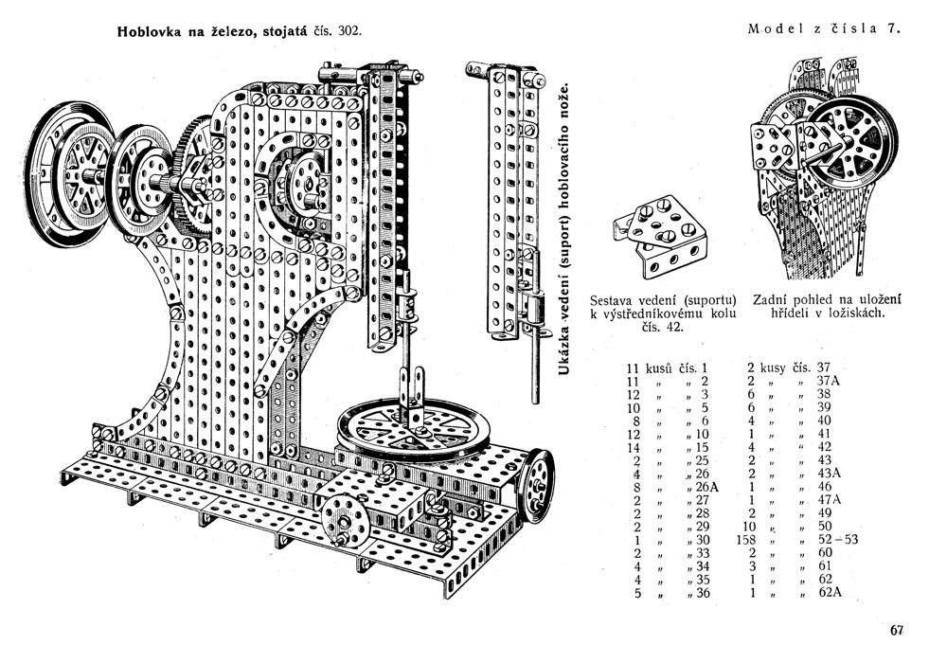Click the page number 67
pos(898,630)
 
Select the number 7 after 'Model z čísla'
pos(892,28)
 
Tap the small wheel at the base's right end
pos(538,485)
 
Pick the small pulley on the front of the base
pos(342,519)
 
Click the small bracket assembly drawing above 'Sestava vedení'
pos(657,235)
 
